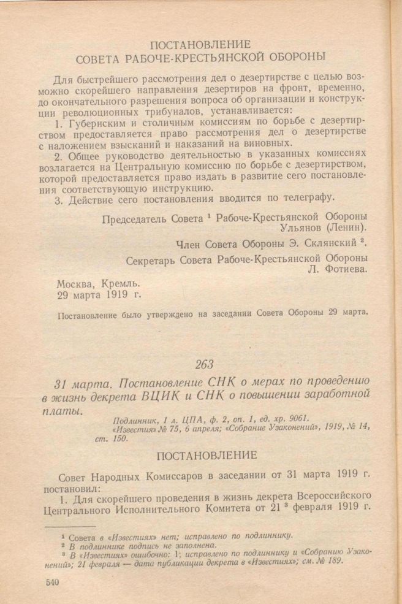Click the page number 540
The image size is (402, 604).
(x=51, y=582)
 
